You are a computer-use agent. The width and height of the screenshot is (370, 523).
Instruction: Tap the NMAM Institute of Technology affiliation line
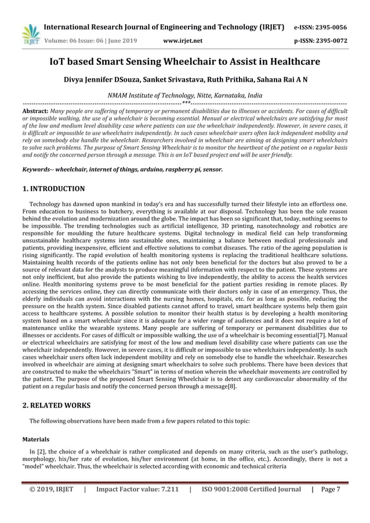point(184,95)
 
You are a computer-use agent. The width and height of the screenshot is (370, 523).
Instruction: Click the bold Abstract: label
point(35,110)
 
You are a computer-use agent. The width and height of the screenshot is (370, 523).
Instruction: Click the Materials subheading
point(35,440)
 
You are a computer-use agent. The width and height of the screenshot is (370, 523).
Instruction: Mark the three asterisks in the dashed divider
point(185,103)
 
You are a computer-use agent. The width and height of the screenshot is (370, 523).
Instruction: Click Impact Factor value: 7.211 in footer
point(137,489)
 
